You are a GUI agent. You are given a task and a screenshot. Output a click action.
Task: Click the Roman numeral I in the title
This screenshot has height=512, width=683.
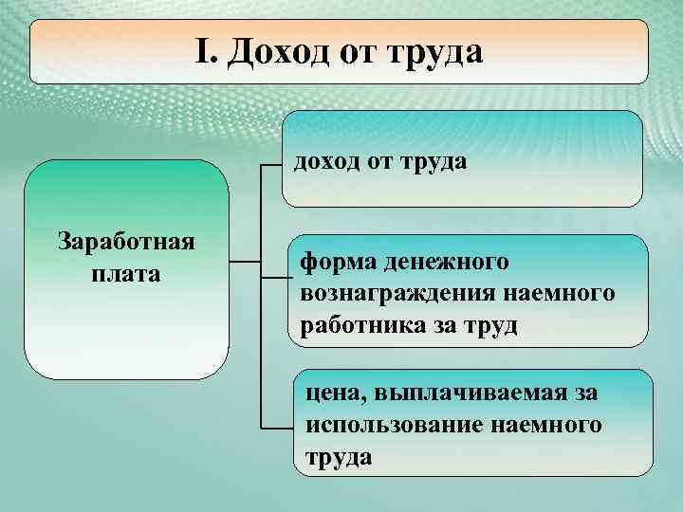click(202, 51)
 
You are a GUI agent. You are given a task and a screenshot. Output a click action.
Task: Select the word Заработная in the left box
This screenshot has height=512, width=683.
click(126, 241)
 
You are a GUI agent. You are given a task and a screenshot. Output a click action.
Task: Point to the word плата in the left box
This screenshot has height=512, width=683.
click(127, 274)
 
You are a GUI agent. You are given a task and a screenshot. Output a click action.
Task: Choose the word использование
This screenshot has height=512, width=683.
click(390, 425)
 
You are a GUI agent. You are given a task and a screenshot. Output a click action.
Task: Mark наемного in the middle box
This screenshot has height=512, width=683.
click(567, 293)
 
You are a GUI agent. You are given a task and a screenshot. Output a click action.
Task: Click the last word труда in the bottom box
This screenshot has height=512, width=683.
click(339, 457)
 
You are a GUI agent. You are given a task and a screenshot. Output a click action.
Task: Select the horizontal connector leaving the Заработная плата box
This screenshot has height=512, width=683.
click(244, 261)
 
